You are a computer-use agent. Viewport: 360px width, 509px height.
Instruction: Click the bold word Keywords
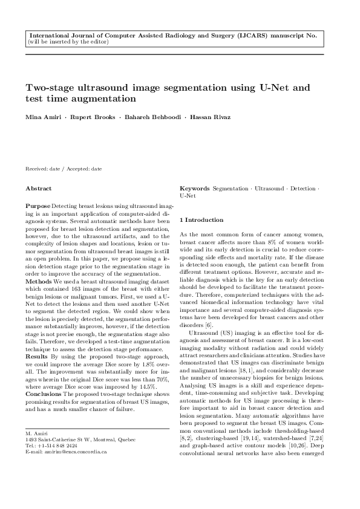(195, 189)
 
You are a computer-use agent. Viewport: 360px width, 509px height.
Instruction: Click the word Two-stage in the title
(51, 87)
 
